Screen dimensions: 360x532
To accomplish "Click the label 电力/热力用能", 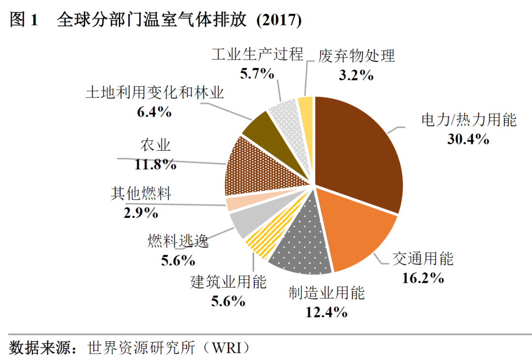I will point(468,120).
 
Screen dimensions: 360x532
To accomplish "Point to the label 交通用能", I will point(423,259).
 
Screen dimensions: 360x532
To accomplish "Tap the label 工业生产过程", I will point(257,54).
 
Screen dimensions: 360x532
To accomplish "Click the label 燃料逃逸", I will point(178,241).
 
